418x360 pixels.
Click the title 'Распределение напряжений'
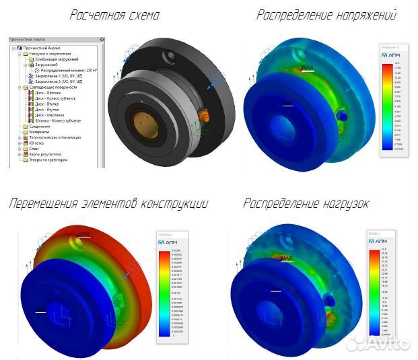click(326, 14)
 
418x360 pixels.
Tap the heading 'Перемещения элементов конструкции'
click(108, 203)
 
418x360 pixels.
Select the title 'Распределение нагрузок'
click(306, 203)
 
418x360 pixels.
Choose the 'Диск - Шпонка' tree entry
click(50, 93)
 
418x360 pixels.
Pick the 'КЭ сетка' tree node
click(36, 143)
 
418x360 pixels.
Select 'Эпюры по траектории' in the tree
click(46, 159)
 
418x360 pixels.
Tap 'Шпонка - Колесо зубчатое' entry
click(60, 120)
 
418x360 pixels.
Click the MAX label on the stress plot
click(308, 67)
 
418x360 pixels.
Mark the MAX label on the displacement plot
click(83, 234)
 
